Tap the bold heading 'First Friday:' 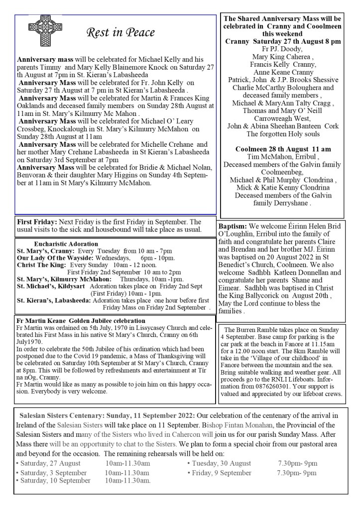(x=37, y=222)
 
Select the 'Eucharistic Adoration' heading (x=66, y=244)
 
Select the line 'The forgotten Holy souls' (x=282, y=134)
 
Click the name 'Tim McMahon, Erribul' (x=282, y=158)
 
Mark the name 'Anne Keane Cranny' (x=282, y=72)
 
